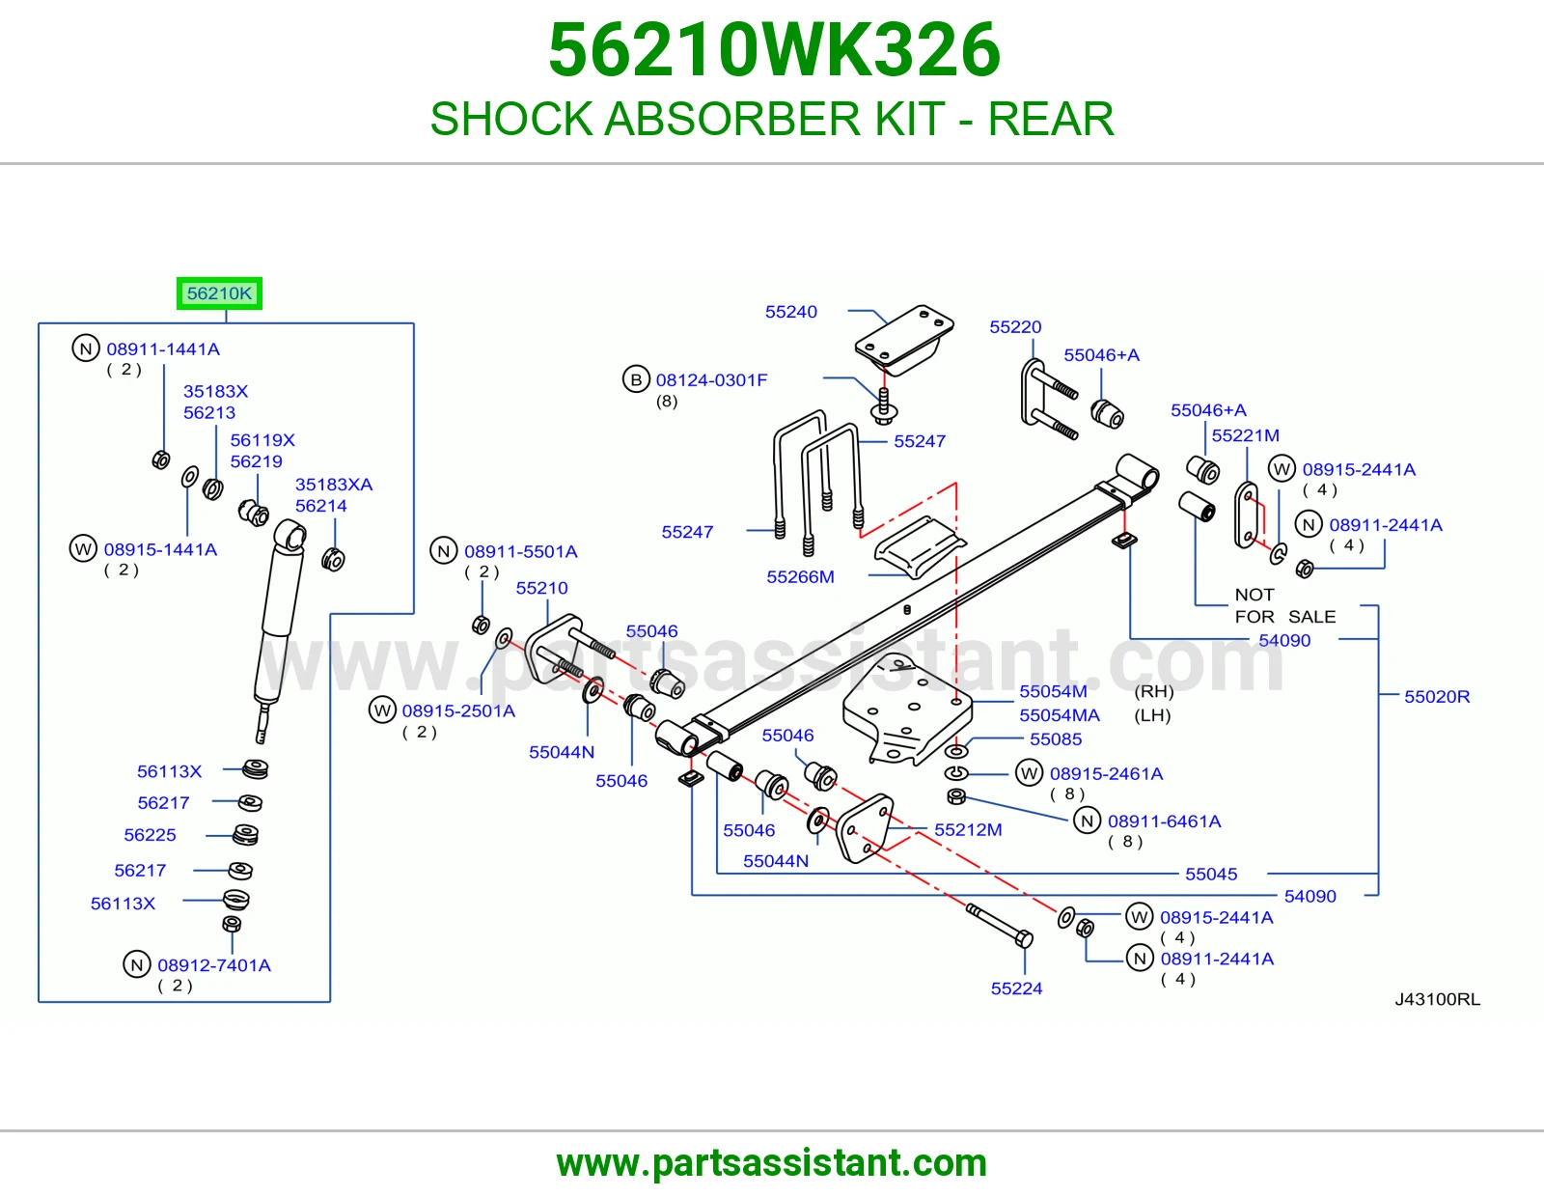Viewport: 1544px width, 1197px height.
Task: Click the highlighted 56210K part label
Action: tap(219, 292)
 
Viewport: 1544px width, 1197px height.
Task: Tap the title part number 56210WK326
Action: tap(775, 50)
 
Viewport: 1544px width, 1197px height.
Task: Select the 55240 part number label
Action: tap(791, 312)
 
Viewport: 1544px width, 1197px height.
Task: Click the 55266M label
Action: tap(800, 576)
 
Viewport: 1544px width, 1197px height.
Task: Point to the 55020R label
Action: tap(1437, 696)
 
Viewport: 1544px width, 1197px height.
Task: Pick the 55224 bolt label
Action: tap(1016, 988)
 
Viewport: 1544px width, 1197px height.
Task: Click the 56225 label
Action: tap(150, 834)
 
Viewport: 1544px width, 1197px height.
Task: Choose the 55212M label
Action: tap(968, 829)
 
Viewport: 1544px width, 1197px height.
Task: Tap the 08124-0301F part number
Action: tap(711, 379)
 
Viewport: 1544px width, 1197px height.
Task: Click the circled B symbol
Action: tap(636, 379)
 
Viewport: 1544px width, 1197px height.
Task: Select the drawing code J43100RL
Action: tap(1438, 999)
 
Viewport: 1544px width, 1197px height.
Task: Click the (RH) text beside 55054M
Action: tap(1154, 691)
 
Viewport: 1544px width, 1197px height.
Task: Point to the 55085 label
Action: tap(1056, 738)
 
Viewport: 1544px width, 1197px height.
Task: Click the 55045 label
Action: tap(1211, 874)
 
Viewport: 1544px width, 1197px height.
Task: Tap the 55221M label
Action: tap(1245, 435)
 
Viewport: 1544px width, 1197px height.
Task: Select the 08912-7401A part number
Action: tap(214, 964)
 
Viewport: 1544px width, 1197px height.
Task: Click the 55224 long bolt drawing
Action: tap(999, 926)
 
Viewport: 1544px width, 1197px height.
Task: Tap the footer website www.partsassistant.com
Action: tap(772, 1163)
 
